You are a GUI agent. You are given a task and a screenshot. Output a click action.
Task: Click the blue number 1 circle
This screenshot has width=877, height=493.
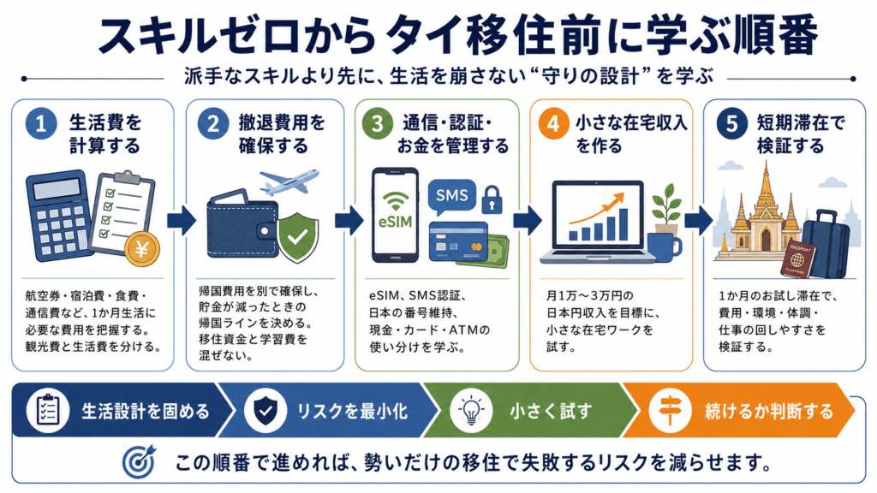coord(41,123)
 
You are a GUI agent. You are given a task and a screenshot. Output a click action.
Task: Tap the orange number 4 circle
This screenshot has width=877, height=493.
coord(553,123)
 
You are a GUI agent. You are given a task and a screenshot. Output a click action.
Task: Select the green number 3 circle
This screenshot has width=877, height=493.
coord(378,123)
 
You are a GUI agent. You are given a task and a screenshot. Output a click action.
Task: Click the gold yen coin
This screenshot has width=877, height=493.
coord(142,249)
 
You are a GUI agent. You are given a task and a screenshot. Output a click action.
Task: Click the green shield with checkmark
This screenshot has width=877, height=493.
coord(297,236)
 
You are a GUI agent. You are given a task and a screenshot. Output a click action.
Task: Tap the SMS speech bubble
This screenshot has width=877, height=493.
coord(451,197)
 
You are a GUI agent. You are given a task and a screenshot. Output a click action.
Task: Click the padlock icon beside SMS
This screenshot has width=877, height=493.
coord(492,199)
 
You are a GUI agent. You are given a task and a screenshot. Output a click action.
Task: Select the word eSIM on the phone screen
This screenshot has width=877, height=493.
coord(395,222)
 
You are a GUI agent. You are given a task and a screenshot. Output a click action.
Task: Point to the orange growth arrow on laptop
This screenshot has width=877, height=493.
coord(596,209)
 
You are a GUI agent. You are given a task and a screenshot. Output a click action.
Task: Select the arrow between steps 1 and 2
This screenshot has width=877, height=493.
coord(182,220)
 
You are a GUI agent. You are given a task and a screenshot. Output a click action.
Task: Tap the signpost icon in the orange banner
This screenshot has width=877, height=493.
coord(669,411)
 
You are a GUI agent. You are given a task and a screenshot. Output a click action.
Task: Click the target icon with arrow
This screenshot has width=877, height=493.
coord(139,462)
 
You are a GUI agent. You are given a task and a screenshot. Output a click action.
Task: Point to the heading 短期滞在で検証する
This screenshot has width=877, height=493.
coord(801,134)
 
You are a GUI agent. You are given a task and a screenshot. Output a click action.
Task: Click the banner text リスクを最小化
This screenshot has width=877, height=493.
coord(352,412)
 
